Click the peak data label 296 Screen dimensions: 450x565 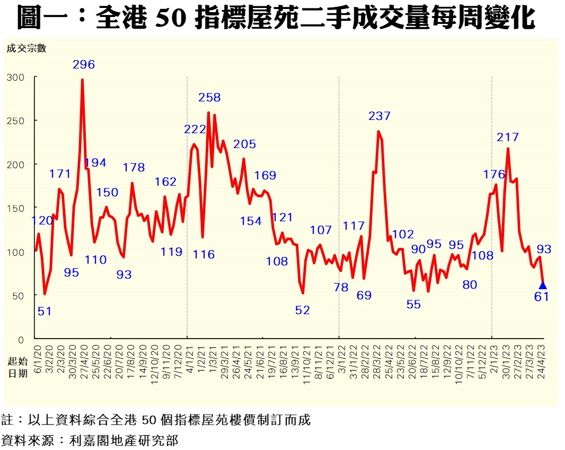pos(84,65)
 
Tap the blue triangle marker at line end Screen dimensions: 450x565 pos(542,285)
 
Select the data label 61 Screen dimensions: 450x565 pos(541,297)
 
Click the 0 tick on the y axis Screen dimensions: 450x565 pos(21,339)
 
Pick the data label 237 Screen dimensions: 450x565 pos(379,116)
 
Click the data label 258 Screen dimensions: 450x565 pos(209,98)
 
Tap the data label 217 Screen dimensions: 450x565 pos(507,137)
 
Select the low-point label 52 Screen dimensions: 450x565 pos(302,310)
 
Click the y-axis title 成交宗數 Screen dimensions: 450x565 pos(27,49)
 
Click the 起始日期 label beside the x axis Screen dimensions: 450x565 pos(16,367)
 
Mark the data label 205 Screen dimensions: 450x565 pos(244,144)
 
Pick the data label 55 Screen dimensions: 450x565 pos(413,305)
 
